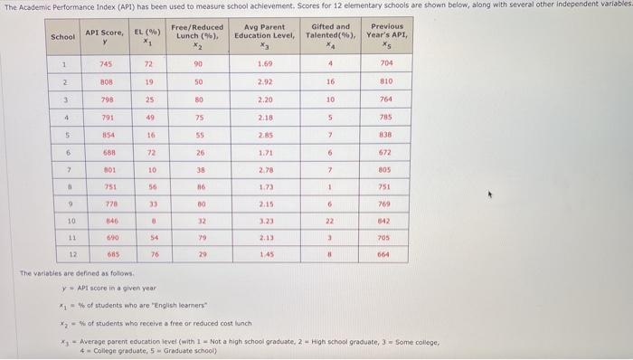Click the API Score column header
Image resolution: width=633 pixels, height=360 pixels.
tap(104, 36)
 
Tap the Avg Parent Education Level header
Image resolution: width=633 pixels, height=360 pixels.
tap(264, 36)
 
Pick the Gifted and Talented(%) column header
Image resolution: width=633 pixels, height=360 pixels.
tap(330, 36)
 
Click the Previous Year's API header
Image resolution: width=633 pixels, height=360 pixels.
tap(386, 36)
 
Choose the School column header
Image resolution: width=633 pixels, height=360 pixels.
tap(63, 37)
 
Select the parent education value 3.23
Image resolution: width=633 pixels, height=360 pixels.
tap(265, 219)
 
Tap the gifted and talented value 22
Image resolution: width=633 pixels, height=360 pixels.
tap(331, 219)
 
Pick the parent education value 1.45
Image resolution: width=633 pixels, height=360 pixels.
tap(265, 254)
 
